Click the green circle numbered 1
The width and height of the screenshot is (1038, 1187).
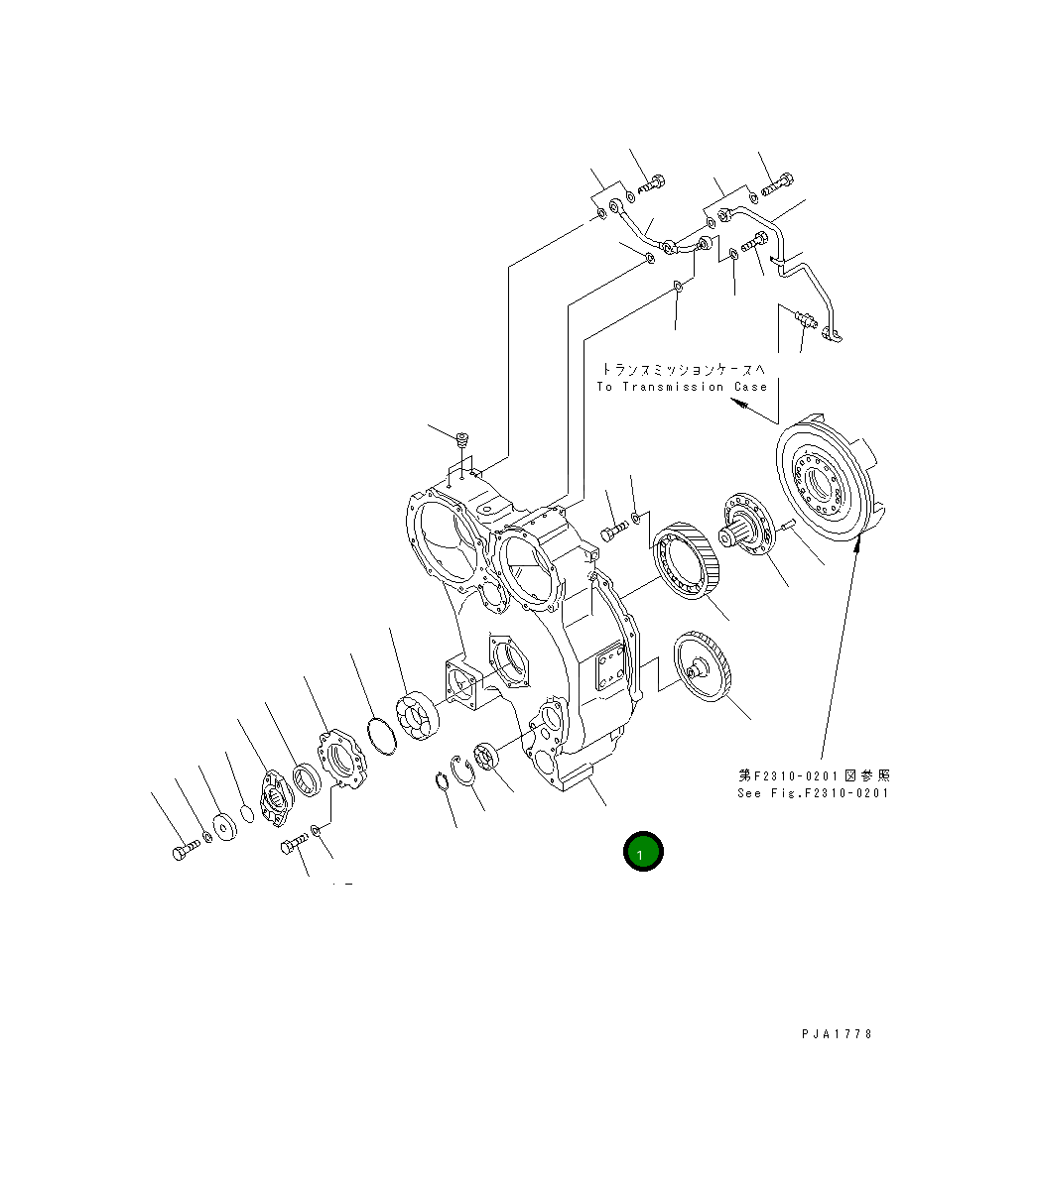click(642, 852)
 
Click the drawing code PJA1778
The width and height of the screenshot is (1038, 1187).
click(837, 1033)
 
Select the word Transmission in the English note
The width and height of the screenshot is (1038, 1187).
click(673, 387)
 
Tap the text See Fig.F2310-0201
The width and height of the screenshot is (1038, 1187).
click(813, 792)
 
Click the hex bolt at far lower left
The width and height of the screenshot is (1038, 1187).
click(181, 851)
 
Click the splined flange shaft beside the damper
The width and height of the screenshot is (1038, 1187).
click(746, 527)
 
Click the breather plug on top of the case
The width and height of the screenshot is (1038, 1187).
click(461, 437)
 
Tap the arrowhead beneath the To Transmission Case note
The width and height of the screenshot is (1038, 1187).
click(737, 404)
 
